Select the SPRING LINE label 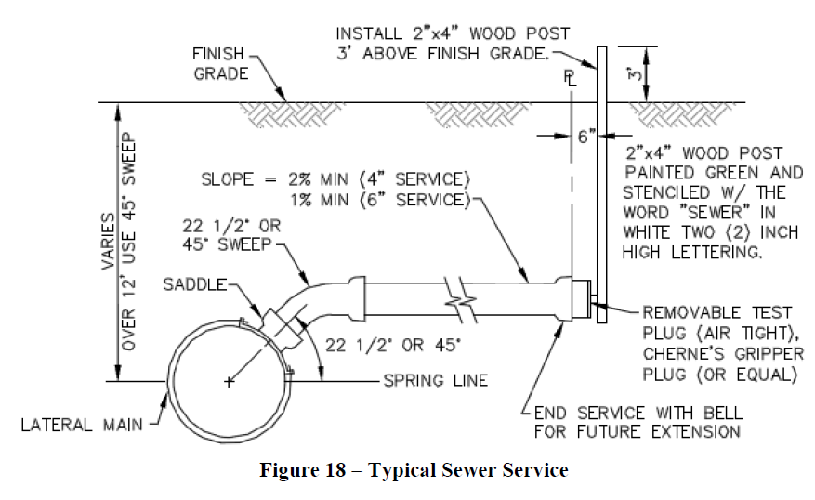435,381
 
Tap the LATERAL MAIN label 83,426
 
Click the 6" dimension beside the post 585,137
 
